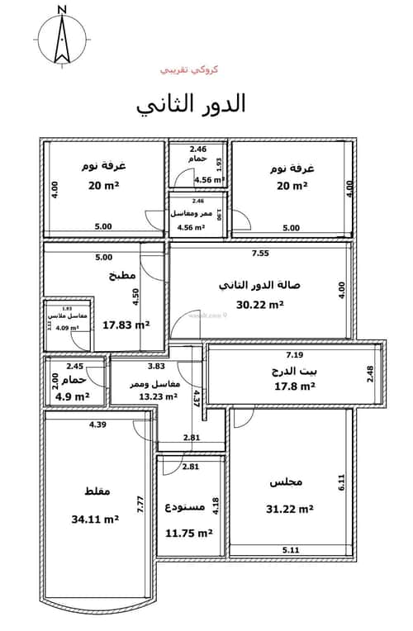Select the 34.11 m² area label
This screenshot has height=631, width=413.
(96, 520)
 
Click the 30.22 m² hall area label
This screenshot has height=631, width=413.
(261, 304)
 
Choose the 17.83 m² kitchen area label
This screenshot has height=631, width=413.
(126, 325)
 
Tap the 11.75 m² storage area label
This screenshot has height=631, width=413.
(191, 533)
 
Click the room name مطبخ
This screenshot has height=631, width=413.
(121, 277)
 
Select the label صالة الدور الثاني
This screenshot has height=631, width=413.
(259, 285)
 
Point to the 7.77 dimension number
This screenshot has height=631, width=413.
(141, 505)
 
